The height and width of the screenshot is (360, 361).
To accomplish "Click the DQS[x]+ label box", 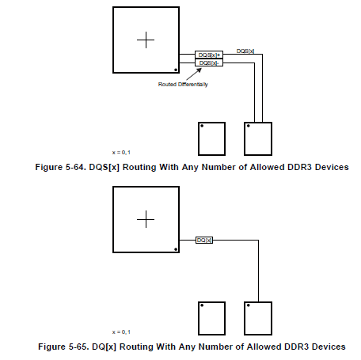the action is click(209, 55).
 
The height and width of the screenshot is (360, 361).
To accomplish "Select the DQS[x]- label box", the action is click(209, 63).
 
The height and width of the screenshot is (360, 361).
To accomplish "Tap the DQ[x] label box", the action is click(204, 241).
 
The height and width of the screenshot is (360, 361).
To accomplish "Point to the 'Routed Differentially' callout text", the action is click(183, 85).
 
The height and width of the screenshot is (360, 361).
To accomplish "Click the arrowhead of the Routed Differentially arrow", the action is click(199, 70).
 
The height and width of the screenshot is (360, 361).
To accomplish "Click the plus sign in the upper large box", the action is click(146, 40).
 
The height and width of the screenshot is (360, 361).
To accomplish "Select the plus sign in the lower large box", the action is click(146, 219).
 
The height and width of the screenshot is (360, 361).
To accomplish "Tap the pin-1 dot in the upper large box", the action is click(176, 70).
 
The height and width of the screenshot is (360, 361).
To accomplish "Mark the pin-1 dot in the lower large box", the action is click(176, 249).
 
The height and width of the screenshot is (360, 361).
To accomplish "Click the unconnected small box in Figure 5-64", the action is click(211, 138).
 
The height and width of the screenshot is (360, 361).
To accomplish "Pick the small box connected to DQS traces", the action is click(258, 138).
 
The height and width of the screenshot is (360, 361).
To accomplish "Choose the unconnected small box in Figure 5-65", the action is click(211, 318).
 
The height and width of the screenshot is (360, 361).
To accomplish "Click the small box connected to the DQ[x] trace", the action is click(258, 318).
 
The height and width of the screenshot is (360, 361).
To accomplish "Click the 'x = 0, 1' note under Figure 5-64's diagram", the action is click(121, 153).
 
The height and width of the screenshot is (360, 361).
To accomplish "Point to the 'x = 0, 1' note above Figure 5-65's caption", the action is click(121, 332).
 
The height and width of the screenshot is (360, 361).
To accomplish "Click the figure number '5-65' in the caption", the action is click(78, 347).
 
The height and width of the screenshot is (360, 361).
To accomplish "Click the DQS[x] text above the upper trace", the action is click(245, 51).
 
